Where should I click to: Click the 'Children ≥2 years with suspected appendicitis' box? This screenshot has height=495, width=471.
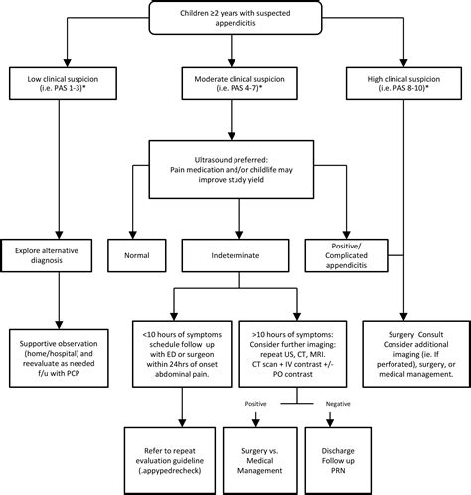point(235,17)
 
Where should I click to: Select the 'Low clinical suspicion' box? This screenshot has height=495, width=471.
point(63,83)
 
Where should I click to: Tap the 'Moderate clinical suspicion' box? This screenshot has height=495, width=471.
point(239,83)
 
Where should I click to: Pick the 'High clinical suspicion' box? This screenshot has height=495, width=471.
point(403,83)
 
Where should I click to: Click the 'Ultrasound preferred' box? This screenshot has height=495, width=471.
point(232,170)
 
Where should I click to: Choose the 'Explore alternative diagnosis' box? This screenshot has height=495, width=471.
point(47,255)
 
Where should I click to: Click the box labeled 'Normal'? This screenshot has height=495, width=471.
point(137,255)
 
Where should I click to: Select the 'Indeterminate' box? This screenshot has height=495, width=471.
point(235,255)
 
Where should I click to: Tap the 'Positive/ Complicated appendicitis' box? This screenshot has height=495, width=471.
point(346,255)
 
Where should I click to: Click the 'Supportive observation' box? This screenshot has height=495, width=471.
point(59,358)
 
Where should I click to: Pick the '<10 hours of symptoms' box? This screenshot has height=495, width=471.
point(182,354)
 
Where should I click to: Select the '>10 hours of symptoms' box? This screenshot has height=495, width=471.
point(293,354)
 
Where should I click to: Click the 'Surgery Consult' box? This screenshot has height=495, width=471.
point(416,354)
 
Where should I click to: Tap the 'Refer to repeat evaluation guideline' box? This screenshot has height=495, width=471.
point(170,461)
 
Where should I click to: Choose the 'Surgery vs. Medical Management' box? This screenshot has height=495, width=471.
point(260,461)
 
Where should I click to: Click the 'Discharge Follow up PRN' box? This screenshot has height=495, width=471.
point(338,461)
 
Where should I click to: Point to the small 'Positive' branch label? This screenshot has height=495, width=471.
point(255,404)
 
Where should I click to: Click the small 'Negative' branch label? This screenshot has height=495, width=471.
point(338,404)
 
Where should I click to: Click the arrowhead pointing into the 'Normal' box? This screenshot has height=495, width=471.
point(133,235)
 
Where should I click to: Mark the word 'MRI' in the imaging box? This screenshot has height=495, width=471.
point(321,354)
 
